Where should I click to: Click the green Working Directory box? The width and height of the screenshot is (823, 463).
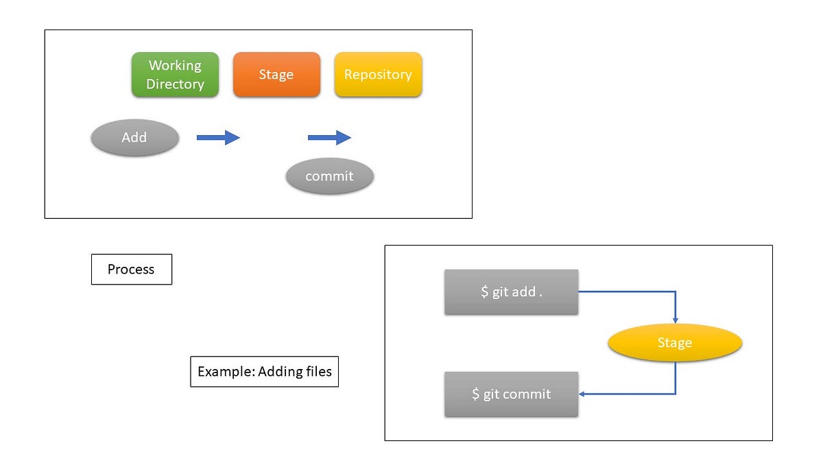pos(175,74)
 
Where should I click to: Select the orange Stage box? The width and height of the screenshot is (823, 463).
pos(276,74)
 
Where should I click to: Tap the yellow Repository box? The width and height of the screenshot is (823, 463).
pos(378,74)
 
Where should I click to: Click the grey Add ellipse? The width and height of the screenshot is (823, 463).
pos(134,137)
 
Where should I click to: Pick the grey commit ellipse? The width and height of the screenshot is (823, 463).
pos(329,176)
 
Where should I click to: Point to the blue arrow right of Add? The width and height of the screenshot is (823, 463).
pos(218,138)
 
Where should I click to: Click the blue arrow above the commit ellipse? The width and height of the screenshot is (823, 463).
pos(329,138)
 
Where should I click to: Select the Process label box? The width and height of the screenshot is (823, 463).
pos(131,270)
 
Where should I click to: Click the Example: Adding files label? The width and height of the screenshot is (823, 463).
pos(264,372)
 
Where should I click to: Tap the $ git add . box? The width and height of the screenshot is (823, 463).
pos(511,292)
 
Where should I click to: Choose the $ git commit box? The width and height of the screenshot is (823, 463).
pos(511,394)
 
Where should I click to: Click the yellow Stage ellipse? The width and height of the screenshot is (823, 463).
pos(675,342)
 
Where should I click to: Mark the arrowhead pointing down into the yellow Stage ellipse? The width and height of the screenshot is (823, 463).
pos(676,320)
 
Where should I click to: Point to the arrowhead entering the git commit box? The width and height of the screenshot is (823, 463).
pos(582,394)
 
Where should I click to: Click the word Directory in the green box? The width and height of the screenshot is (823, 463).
pos(175,84)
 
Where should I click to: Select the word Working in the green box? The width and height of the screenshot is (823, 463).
pos(175,65)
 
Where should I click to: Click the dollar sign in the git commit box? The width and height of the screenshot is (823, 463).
pos(476,394)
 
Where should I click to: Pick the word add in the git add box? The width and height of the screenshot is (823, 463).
pos(523,292)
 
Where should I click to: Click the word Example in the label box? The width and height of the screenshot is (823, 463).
pos(222,372)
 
